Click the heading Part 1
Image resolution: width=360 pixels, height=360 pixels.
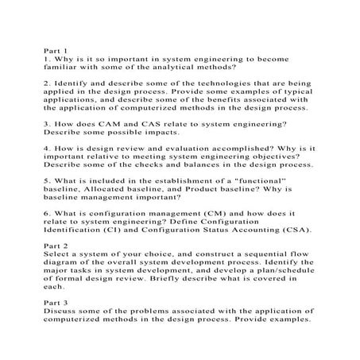tap(56, 51)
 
